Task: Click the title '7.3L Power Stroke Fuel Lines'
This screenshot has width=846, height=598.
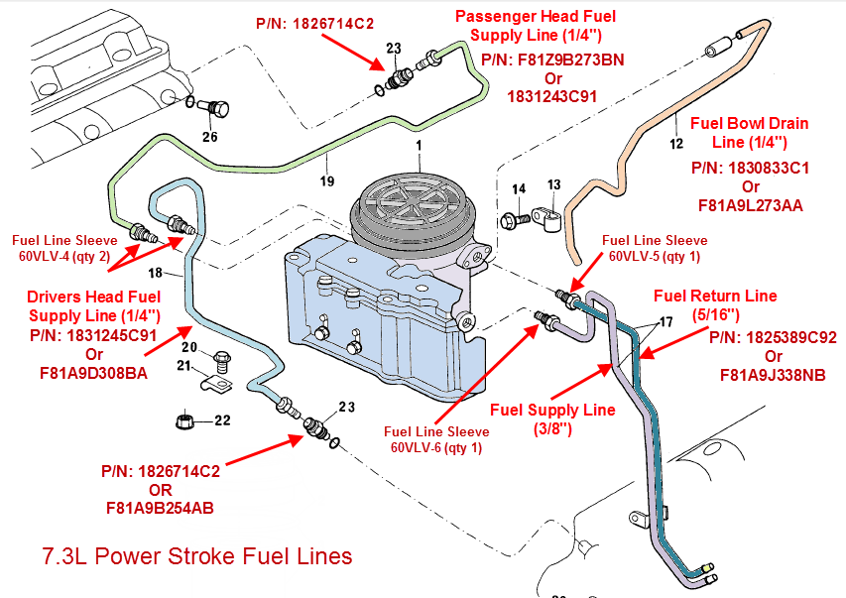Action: pos(197,556)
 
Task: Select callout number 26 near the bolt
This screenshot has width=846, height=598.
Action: pos(209,137)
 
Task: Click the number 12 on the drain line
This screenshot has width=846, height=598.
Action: pos(676,143)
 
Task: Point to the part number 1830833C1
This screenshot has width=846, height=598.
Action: pos(750,168)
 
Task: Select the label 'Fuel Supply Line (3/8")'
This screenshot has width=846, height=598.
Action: pos(553,419)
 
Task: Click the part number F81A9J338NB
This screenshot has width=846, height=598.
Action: pos(773,375)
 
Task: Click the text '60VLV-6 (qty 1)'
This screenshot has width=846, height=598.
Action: pos(436,447)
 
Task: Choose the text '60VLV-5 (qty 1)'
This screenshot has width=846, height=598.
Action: pos(655,256)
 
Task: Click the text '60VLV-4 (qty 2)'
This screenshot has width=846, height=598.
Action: pos(61,255)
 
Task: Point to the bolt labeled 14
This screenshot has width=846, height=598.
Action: pos(514,216)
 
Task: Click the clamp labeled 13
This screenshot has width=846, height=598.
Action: pos(544,212)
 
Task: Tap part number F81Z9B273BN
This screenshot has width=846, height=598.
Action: pos(552,60)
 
